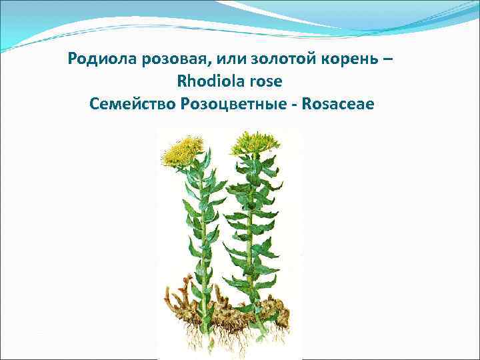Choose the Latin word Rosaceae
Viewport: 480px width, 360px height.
(x=339, y=103)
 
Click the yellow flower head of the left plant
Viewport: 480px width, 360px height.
(x=181, y=150)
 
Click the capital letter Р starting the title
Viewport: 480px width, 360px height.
(x=73, y=59)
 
